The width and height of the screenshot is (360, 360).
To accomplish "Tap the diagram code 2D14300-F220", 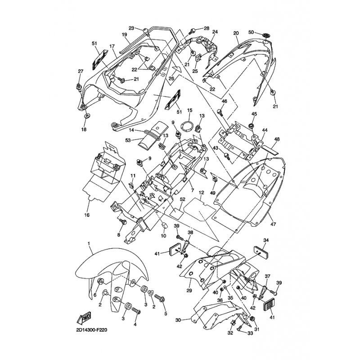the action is (x=92, y=330).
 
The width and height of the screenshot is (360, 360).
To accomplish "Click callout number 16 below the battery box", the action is (x=87, y=215).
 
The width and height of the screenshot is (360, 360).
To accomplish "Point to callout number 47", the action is (x=274, y=224).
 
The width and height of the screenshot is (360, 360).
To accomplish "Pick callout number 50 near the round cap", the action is (x=251, y=32).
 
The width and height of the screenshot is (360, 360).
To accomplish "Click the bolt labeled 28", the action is (x=193, y=30).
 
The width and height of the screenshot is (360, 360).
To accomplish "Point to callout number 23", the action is (x=131, y=28).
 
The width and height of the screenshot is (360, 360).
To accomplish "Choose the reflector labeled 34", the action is (x=261, y=252).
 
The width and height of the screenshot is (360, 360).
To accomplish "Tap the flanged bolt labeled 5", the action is (x=160, y=298).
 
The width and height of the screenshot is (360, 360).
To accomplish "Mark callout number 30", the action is (x=178, y=320).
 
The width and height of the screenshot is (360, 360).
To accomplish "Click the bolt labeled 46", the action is (x=220, y=112).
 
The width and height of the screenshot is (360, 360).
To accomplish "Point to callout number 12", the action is (x=201, y=192).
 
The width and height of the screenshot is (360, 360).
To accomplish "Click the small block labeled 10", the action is (x=164, y=225).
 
